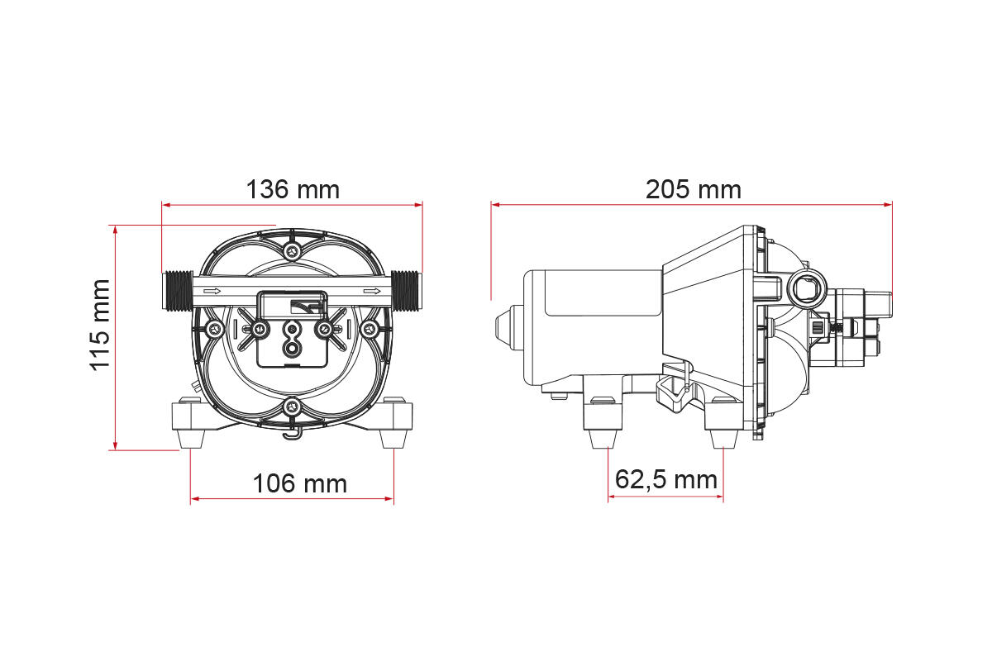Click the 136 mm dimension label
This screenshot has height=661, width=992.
tap(293, 189)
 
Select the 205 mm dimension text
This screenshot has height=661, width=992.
tap(693, 189)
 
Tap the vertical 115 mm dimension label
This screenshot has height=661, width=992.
tap(100, 325)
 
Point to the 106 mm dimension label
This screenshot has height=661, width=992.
tap(300, 483)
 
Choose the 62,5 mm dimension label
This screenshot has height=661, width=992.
tap(666, 480)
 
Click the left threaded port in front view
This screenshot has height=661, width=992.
tap(177, 291)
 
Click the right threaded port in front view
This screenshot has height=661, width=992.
tap(407, 291)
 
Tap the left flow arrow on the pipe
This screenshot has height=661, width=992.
tap(212, 291)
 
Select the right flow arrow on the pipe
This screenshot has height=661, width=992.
tap(372, 291)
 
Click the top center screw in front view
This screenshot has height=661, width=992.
tap(292, 252)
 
